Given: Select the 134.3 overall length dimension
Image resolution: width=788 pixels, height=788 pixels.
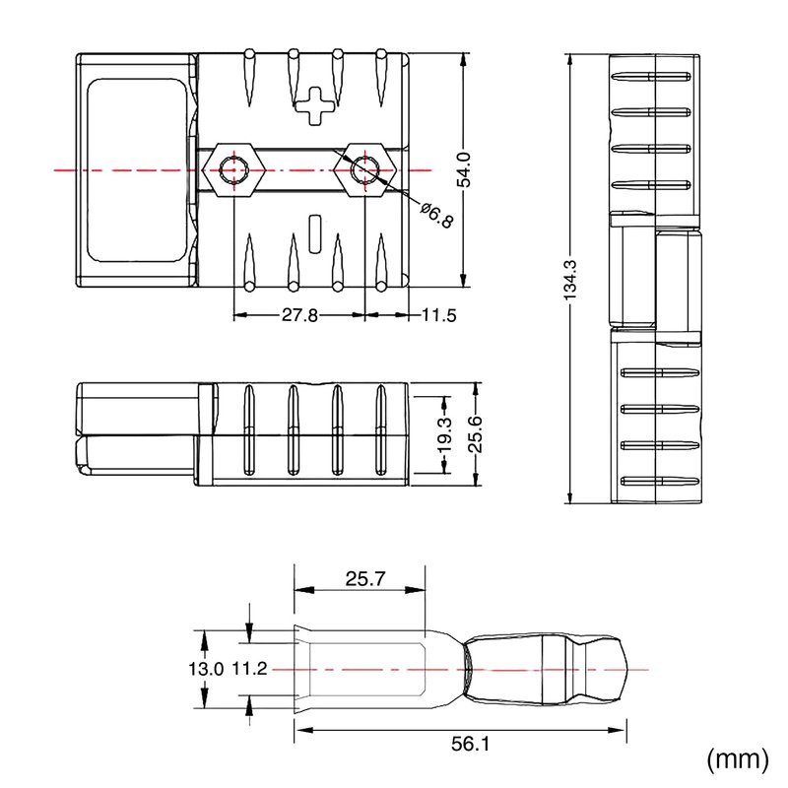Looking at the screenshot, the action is [570, 280].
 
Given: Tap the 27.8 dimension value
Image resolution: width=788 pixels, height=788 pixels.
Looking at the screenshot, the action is [299, 315].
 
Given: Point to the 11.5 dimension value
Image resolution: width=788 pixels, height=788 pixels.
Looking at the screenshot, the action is [438, 315].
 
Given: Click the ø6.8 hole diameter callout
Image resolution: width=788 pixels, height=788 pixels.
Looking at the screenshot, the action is [437, 215].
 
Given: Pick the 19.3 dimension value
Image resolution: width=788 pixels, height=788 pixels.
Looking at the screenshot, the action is [445, 435].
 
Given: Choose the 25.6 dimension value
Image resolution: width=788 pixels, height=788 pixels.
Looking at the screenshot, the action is [476, 435].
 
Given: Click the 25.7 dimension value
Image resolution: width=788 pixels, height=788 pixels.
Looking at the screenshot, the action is [365, 579].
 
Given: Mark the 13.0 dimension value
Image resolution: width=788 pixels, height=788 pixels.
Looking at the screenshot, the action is [206, 669].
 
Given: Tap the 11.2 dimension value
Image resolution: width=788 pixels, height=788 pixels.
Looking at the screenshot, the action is [249, 669].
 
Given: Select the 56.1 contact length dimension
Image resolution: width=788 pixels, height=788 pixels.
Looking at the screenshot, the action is [471, 744].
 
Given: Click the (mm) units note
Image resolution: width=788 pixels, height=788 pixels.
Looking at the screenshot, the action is [738, 759].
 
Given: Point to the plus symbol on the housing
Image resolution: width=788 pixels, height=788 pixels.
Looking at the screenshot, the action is [314, 106].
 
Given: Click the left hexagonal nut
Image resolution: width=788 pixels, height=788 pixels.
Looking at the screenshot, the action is [233, 170].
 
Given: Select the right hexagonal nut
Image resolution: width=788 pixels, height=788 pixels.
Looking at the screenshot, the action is [365, 170].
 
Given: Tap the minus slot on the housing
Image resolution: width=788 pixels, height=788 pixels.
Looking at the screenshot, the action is [315, 233].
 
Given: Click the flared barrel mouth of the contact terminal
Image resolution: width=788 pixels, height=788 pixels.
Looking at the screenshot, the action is [300, 669].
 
